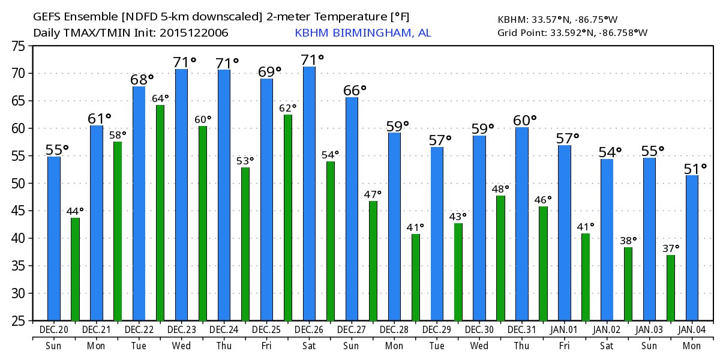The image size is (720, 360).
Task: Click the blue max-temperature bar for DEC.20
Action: [x=54, y=238]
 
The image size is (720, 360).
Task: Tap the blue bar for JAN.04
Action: [x=692, y=247]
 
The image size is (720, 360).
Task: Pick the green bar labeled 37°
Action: [x=671, y=287]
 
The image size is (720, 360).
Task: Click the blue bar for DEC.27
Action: [x=352, y=208]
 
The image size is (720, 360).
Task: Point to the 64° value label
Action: [x=160, y=98]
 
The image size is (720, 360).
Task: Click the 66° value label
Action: [x=355, y=90]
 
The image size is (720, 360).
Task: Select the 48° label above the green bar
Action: [x=500, y=189]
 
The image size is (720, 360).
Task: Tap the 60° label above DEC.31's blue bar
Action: [x=524, y=121]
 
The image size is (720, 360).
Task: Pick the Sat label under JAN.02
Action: [x=607, y=345]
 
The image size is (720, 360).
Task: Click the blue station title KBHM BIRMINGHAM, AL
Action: [x=362, y=32]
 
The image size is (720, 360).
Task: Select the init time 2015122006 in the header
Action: [x=194, y=32]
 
